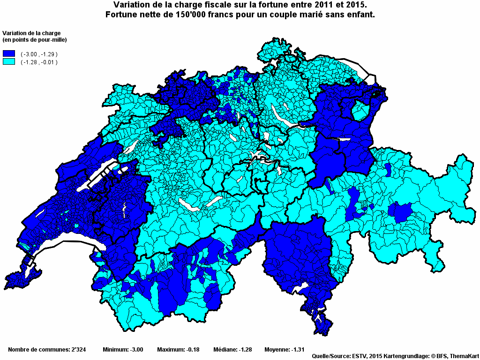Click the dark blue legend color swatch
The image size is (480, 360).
(x=9, y=54)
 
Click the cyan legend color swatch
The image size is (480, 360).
(x=9, y=62)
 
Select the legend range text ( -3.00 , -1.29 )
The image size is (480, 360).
(x=39, y=54)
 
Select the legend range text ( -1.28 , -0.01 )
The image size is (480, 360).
(x=39, y=62)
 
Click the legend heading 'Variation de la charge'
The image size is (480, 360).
(x=31, y=33)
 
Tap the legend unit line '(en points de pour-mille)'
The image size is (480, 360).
(x=35, y=39)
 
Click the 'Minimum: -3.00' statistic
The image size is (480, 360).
(x=123, y=350)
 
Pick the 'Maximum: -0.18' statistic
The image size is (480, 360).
(x=178, y=350)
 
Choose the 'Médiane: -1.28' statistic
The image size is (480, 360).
(x=232, y=350)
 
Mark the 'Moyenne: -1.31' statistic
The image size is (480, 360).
(x=285, y=350)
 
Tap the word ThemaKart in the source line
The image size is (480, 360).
(x=464, y=356)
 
